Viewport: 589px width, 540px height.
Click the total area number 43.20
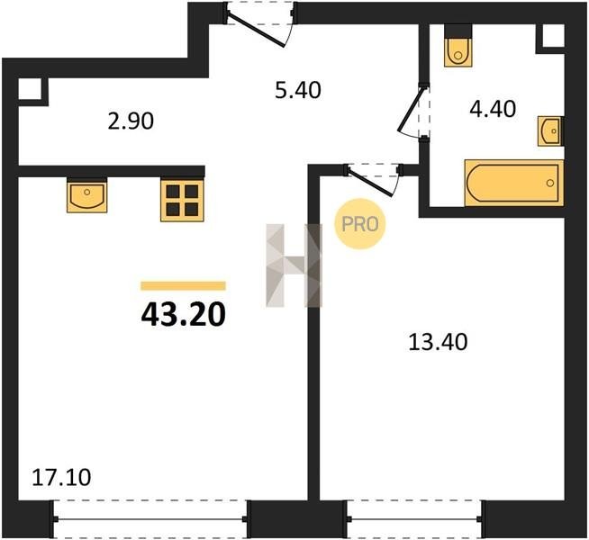(x=184, y=314)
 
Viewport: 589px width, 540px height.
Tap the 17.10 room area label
(x=61, y=478)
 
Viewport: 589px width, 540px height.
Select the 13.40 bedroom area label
(x=438, y=342)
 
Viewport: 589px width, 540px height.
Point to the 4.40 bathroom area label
(x=493, y=109)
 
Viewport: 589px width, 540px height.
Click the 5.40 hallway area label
(x=298, y=90)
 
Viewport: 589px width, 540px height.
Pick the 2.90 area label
(x=131, y=121)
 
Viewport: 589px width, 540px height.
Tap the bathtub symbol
(x=514, y=183)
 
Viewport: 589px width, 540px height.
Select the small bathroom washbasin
(x=550, y=131)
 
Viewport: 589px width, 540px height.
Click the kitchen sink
(x=86, y=195)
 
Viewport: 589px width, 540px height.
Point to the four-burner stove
(x=182, y=201)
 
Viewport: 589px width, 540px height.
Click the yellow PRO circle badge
(x=360, y=224)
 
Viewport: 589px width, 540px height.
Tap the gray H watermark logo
(x=294, y=265)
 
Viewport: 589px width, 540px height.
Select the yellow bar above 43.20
(x=184, y=286)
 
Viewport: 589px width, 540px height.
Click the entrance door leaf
(x=257, y=31)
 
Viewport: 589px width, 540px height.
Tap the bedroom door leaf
(x=371, y=183)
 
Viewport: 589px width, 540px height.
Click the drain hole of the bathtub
(x=550, y=183)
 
